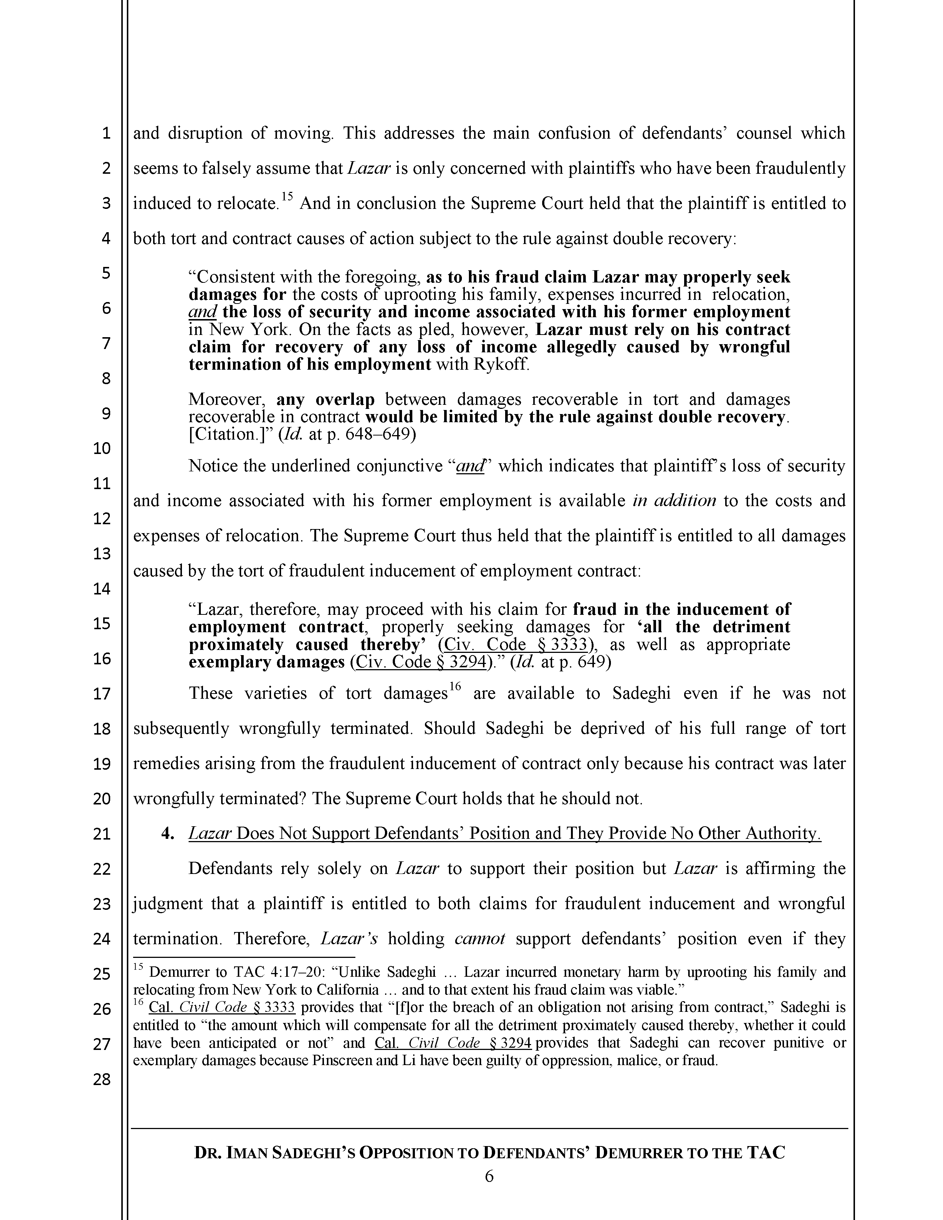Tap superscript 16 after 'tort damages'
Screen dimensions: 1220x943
click(x=454, y=687)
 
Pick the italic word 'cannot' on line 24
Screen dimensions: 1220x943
click(x=480, y=938)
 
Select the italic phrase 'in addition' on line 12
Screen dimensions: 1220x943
click(x=674, y=501)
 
